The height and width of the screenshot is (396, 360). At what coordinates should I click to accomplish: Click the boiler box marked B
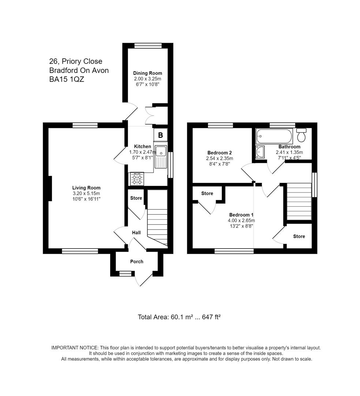click(160, 135)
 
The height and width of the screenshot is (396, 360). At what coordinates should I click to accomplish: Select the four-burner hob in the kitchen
click(137, 179)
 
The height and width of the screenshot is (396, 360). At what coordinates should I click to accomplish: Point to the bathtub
click(274, 136)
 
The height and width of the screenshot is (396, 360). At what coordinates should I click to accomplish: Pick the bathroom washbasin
click(260, 152)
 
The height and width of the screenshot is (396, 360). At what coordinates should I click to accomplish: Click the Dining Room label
click(148, 73)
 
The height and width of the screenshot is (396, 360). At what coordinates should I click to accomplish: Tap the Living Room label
click(86, 188)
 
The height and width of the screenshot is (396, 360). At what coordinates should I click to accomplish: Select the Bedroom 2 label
click(219, 153)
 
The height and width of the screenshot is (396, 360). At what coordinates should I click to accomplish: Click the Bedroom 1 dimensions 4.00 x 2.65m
click(241, 220)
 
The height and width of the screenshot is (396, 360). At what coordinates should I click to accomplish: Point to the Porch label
click(137, 261)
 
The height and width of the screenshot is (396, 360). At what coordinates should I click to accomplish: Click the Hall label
click(136, 232)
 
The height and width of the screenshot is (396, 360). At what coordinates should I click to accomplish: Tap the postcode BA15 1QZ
click(67, 79)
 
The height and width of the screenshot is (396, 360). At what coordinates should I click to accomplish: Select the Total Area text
click(179, 317)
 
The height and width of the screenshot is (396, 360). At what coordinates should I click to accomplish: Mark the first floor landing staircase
click(298, 202)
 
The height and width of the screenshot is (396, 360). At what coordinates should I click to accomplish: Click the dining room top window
click(148, 45)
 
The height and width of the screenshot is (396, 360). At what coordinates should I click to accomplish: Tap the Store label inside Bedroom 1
click(207, 194)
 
